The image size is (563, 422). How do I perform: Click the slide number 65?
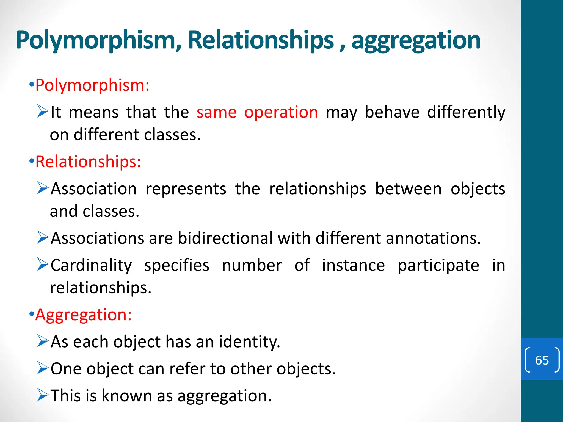(542, 360)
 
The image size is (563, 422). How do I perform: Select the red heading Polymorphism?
(92, 85)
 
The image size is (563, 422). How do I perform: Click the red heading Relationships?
(88, 162)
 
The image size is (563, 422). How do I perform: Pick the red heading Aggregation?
(83, 315)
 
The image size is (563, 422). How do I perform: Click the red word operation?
(281, 112)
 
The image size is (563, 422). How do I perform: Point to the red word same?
(216, 112)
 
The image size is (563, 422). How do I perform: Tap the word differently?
(466, 112)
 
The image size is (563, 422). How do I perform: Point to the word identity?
(249, 342)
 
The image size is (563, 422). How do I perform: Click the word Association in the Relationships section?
(93, 189)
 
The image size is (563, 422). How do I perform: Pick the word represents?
(186, 189)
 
